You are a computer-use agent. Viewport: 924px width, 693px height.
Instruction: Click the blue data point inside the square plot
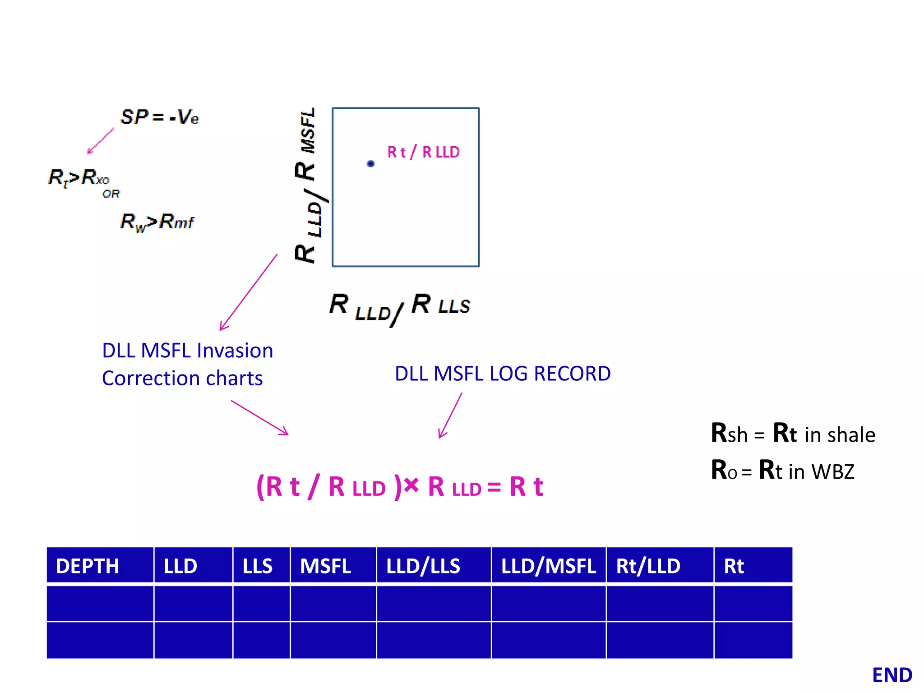(370, 164)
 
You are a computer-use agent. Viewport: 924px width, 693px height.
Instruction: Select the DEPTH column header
(88, 566)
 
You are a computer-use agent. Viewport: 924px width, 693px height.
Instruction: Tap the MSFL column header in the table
(325, 566)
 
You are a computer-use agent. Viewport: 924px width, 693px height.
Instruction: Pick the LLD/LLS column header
(423, 566)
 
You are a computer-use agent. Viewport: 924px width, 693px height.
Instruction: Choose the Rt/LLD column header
(648, 566)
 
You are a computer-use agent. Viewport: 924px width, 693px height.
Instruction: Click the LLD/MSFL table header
(548, 566)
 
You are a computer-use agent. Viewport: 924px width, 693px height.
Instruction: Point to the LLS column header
(257, 566)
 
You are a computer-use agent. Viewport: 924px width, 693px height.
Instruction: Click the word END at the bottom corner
(892, 675)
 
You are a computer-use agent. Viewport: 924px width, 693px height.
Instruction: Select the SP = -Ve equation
(159, 117)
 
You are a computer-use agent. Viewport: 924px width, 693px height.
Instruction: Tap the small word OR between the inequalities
(111, 194)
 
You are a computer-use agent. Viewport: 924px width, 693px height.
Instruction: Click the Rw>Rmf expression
(157, 222)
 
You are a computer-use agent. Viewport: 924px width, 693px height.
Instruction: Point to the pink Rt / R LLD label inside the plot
(423, 152)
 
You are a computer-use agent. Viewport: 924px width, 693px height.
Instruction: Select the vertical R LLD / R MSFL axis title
(309, 185)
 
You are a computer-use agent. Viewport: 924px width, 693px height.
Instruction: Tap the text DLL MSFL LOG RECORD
(503, 374)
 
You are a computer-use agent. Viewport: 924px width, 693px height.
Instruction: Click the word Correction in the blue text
(150, 378)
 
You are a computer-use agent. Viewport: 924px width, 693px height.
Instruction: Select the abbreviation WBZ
(832, 471)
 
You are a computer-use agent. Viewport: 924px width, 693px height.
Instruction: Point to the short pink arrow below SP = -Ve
(101, 141)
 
